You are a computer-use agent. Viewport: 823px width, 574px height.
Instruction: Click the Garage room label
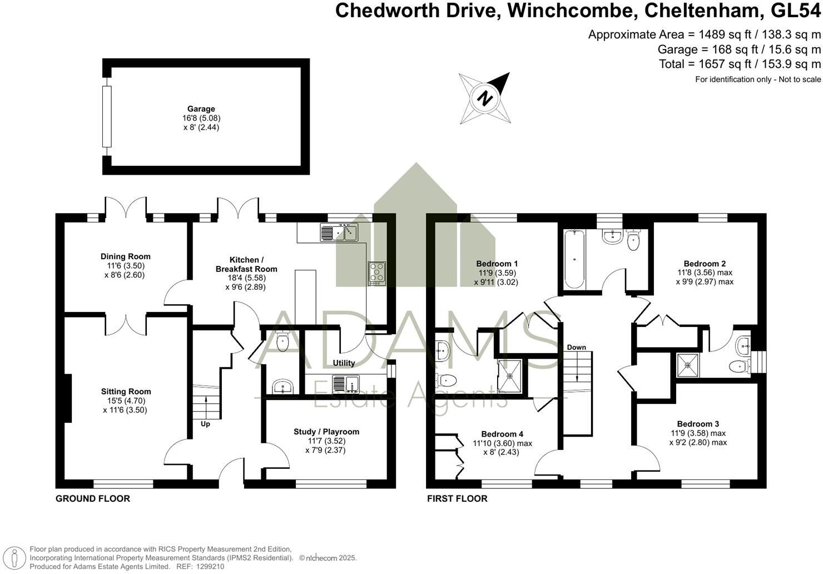tap(201, 109)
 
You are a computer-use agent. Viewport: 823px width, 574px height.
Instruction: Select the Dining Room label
tap(126, 256)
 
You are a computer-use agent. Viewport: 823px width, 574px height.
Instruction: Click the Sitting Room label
tap(126, 392)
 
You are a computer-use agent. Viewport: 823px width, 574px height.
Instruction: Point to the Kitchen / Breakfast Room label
tap(246, 264)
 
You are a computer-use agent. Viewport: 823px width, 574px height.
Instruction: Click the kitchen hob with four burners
tap(376, 273)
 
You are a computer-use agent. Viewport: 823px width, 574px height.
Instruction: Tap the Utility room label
tap(344, 363)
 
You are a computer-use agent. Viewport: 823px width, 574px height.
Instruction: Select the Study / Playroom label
tap(326, 432)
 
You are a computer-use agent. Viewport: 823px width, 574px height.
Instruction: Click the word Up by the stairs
tap(205, 424)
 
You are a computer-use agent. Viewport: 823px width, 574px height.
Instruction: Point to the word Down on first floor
tap(577, 348)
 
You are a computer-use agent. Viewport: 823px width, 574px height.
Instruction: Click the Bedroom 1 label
tap(497, 264)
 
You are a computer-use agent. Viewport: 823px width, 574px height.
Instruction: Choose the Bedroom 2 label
tap(705, 264)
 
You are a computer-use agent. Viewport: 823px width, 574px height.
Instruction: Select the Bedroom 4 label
tap(502, 434)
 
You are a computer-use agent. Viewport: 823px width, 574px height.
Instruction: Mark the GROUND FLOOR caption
tap(93, 498)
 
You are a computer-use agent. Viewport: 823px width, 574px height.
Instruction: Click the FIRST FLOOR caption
tap(457, 498)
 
